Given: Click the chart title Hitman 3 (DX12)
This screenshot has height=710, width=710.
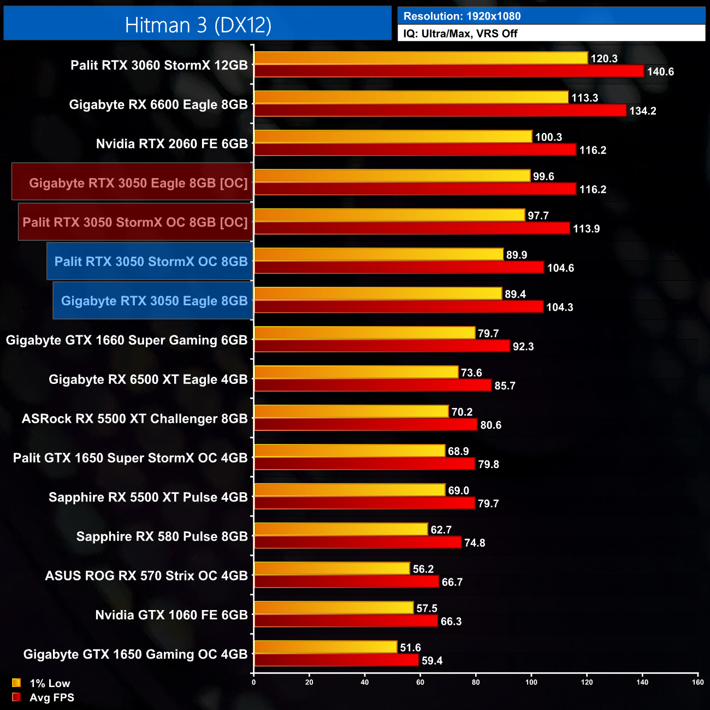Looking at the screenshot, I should pyautogui.click(x=198, y=25).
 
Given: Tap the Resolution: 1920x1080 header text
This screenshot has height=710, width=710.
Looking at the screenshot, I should pyautogui.click(x=461, y=16).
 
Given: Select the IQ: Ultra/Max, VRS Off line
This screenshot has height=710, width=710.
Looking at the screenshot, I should pyautogui.click(x=460, y=33).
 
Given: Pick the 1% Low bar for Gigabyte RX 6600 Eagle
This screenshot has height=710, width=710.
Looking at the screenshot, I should pyautogui.click(x=411, y=97).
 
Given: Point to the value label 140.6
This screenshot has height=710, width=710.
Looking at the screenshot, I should pyautogui.click(x=660, y=72).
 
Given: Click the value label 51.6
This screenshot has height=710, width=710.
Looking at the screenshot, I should pyautogui.click(x=410, y=648).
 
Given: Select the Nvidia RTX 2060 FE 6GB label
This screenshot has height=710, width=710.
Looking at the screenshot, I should pyautogui.click(x=171, y=144).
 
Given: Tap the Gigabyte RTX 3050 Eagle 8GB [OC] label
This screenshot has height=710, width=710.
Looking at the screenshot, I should pyautogui.click(x=138, y=183).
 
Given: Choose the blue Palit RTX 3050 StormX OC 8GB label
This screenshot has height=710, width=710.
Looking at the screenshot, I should pyautogui.click(x=151, y=262).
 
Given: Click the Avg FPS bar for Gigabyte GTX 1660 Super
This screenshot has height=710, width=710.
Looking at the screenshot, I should pyautogui.click(x=382, y=346).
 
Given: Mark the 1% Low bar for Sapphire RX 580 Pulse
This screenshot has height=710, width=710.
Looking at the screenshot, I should pyautogui.click(x=341, y=529).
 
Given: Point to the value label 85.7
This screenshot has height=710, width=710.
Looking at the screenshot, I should pyautogui.click(x=505, y=386).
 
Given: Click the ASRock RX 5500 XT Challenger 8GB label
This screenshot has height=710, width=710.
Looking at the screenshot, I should pyautogui.click(x=134, y=419).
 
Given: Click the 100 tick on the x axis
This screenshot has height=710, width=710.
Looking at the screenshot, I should pyautogui.click(x=531, y=682).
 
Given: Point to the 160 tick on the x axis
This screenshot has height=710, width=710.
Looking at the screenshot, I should pyautogui.click(x=697, y=682).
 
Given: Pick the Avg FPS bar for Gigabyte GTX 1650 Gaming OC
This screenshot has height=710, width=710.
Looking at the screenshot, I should pyautogui.click(x=336, y=660).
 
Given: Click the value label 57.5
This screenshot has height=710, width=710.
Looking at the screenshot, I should pyautogui.click(x=427, y=608).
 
